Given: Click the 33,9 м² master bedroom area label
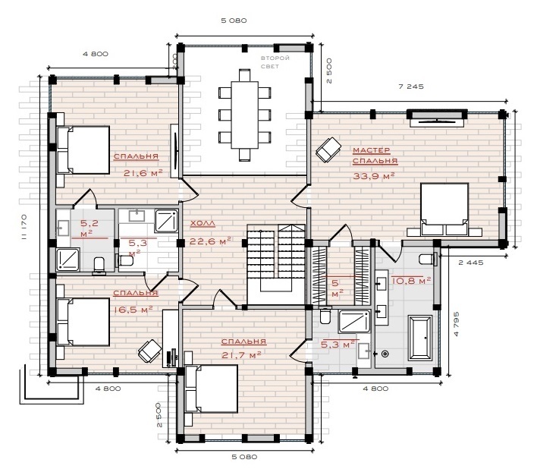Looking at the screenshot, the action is point(374,176).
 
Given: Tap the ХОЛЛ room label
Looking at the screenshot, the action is point(203,224).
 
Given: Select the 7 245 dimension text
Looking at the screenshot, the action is point(411,87).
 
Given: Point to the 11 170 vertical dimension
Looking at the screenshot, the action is point(24,226).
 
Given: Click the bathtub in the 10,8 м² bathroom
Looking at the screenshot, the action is point(420,338).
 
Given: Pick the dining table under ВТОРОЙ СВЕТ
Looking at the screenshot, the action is point(244,115).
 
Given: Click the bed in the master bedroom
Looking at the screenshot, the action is point(444,209).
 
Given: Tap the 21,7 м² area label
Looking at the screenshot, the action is point(241,355).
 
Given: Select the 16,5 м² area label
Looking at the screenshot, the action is point(133,310).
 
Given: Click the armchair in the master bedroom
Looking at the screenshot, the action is point(328,149).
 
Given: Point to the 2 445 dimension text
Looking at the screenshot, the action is point(471,263).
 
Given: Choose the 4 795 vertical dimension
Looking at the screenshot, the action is point(456,324).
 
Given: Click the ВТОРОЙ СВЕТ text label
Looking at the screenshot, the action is point(275,62).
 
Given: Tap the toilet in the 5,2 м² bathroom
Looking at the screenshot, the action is point(99,266).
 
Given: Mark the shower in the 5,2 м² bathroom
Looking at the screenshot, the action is point(68,259).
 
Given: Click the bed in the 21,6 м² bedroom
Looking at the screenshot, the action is point(83,150).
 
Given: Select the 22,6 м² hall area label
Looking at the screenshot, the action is point(210,241).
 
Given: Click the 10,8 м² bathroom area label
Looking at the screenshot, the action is point(411,281).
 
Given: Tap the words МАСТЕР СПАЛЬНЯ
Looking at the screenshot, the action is point(375,156).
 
